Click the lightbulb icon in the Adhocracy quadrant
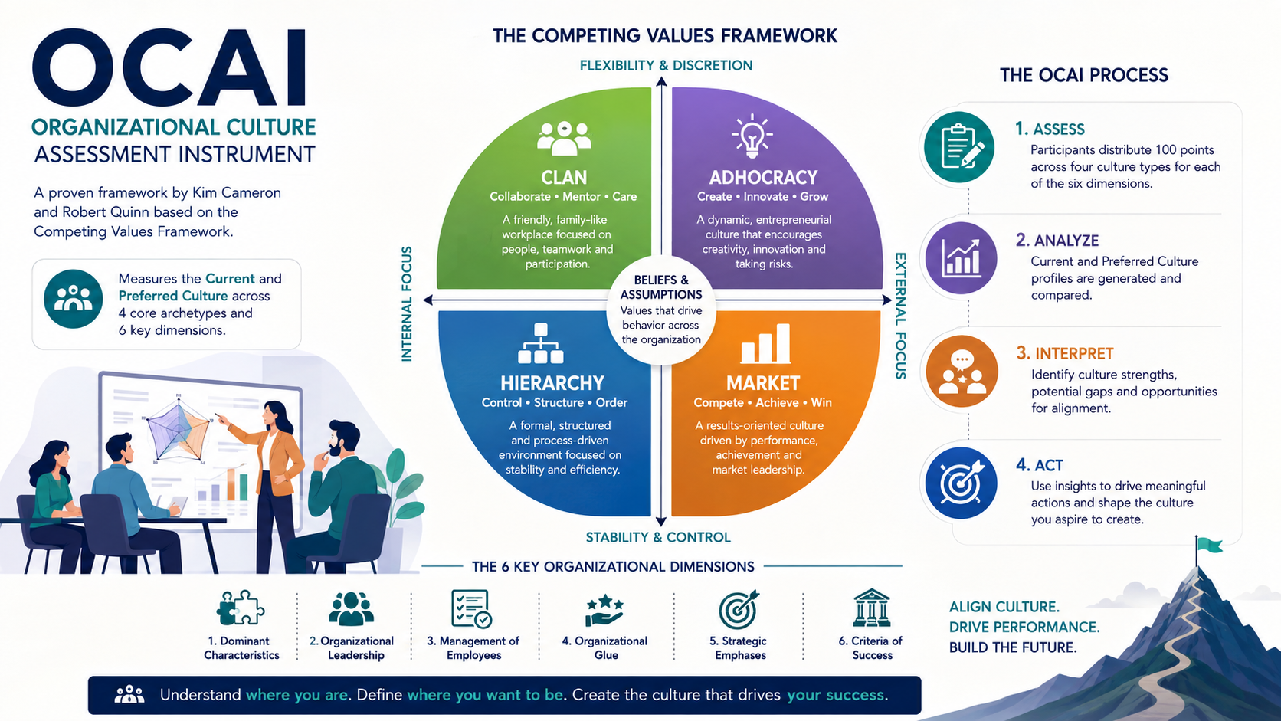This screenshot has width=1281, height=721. (x=752, y=136)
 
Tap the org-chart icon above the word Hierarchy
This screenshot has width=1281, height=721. (x=540, y=343)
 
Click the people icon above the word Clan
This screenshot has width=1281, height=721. (x=564, y=138)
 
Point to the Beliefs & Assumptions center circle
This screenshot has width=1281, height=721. (x=661, y=310)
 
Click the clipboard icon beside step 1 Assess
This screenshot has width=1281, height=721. (x=959, y=147)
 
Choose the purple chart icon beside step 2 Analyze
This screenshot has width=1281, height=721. (x=961, y=258)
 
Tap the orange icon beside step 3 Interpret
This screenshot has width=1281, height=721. (x=962, y=371)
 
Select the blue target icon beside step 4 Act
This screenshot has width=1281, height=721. (x=961, y=483)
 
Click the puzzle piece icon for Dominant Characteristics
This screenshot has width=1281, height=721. (x=241, y=608)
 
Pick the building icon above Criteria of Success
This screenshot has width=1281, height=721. (x=871, y=608)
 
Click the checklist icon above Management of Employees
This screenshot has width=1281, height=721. (x=471, y=609)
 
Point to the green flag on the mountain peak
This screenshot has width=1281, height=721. (x=1210, y=545)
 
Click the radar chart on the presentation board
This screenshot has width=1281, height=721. (x=179, y=428)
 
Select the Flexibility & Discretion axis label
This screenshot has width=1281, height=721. (x=666, y=65)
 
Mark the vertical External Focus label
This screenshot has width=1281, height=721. (x=901, y=316)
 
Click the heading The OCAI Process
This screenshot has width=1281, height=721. (x=1083, y=76)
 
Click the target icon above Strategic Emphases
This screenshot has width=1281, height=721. (x=739, y=609)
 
